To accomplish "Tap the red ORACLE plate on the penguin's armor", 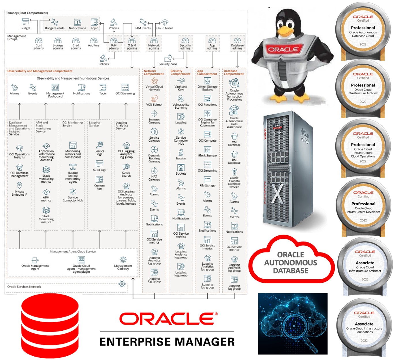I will coord(283,49).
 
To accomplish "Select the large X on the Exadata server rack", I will coord(277,194).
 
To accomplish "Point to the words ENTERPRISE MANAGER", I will coord(167,342).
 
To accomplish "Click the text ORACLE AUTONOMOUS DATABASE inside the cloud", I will coord(290,263).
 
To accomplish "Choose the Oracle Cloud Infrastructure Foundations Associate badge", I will coord(364,327).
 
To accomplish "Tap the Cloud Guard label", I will coord(165,28).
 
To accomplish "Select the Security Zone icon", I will coord(168,58).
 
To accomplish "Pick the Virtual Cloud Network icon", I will coord(154,81).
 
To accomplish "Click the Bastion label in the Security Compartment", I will coord(181,159).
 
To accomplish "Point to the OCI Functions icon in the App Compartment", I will coord(207,99).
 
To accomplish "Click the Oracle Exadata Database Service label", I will coord(234,182).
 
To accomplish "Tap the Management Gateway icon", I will coord(123,259).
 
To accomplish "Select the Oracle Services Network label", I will coord(24,287).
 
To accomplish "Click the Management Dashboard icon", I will coord(55,87).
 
